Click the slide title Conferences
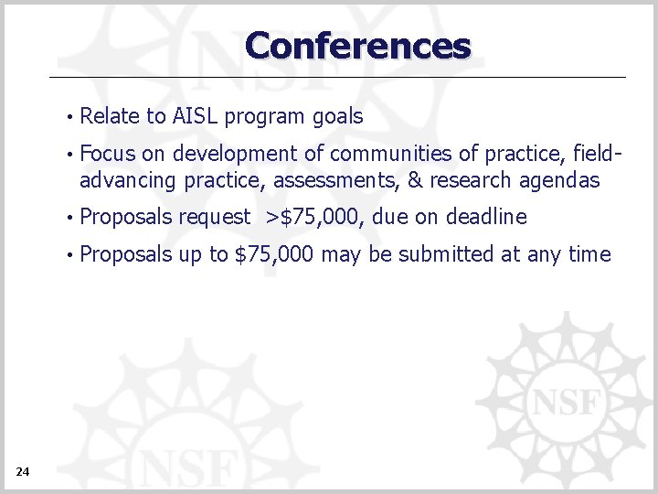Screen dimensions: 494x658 [x=357, y=45]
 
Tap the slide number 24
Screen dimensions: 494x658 [x=23, y=471]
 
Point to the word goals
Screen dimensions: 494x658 [x=337, y=117]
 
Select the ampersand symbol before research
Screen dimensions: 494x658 [x=414, y=180]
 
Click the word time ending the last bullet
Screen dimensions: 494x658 [x=589, y=253]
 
